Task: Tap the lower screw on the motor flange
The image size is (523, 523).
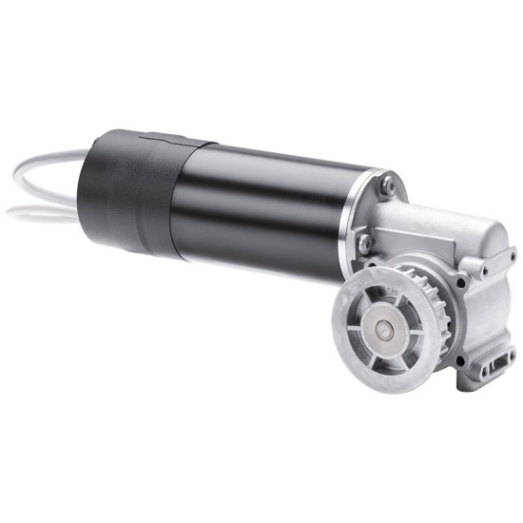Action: [x=365, y=242]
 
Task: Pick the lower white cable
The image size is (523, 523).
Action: [x=38, y=211]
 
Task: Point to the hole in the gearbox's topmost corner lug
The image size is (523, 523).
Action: [x=512, y=255]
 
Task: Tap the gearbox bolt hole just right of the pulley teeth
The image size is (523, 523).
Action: [x=460, y=283]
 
